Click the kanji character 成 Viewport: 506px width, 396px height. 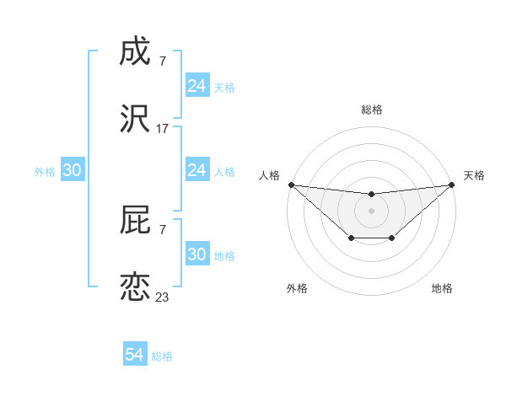[135, 52]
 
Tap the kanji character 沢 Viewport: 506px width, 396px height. [135, 120]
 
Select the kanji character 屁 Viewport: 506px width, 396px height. [135, 221]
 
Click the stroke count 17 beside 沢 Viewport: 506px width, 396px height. [162, 129]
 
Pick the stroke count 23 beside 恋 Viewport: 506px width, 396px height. [162, 297]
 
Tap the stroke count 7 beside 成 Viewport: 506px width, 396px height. [162, 62]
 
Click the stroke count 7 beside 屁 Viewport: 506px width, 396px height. [162, 230]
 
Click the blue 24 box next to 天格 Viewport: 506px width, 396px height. [197, 86]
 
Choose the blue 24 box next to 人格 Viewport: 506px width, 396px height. [197, 170]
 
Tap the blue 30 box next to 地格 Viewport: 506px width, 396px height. [197, 254]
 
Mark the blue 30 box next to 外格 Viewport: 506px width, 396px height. [73, 170]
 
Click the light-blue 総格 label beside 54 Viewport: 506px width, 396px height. [162, 356]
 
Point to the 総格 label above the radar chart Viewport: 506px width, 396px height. [371, 110]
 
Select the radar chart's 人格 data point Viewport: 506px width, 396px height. [290, 185]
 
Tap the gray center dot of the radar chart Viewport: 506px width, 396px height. [371, 210]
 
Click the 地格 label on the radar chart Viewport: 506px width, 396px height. [442, 288]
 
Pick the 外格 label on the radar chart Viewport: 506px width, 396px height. [297, 288]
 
